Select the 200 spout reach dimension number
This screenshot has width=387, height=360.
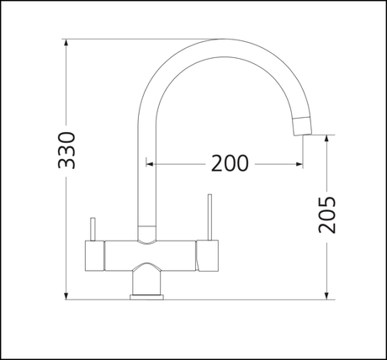(x=229, y=164)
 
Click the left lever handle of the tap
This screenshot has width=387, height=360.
(x=93, y=226)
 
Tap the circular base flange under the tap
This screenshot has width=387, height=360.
(x=149, y=294)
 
